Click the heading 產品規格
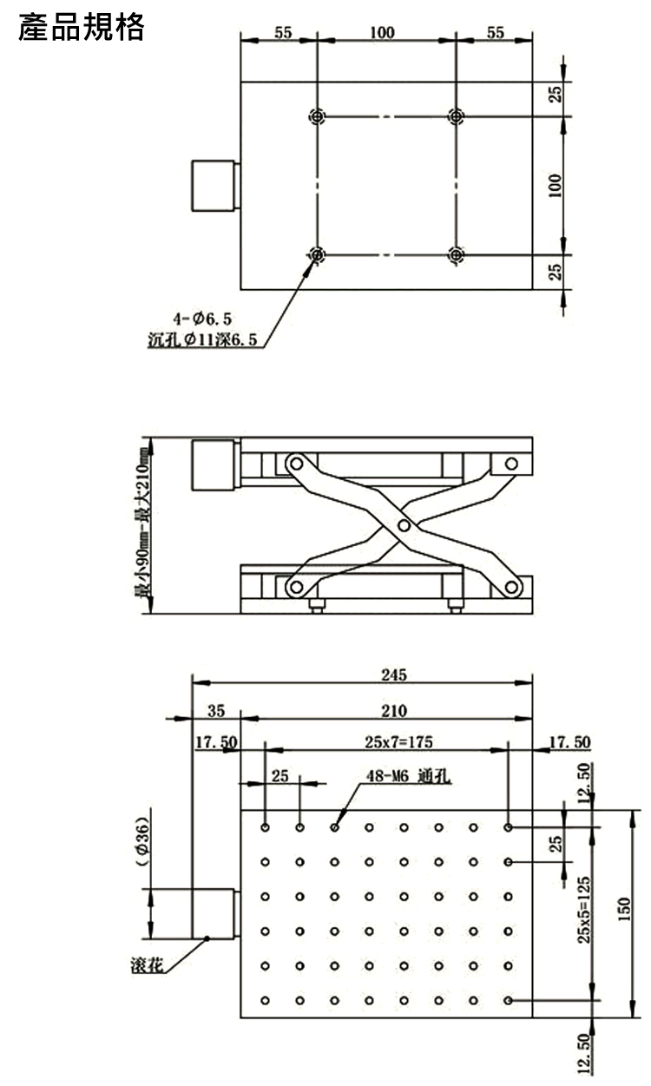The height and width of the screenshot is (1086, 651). (82, 27)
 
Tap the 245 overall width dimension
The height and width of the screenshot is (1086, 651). (393, 675)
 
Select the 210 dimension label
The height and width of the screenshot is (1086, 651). (393, 711)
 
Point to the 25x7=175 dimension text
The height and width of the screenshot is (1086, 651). (398, 741)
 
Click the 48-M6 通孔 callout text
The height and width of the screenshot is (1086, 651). (408, 776)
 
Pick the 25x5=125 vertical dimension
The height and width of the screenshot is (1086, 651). (584, 910)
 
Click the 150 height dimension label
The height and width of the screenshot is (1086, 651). (624, 910)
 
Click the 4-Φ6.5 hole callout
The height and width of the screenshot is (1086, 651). (202, 319)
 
